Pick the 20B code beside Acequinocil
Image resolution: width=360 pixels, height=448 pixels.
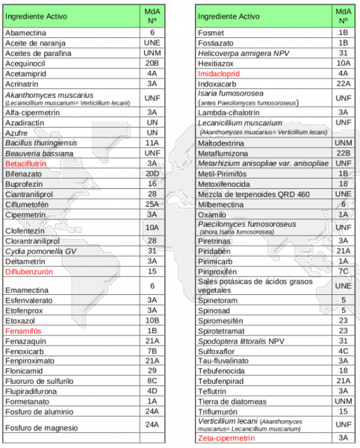coord(152,64)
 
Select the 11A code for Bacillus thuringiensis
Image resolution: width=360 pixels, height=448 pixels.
coord(152,141)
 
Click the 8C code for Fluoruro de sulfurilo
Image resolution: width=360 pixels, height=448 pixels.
coord(152,379)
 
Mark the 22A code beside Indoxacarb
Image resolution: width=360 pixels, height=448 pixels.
coord(344,85)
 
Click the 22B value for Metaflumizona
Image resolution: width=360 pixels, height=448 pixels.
coord(344,153)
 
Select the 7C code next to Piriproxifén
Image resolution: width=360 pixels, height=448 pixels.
coord(344,272)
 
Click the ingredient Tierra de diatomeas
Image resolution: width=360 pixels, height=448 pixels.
coord(236,400)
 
